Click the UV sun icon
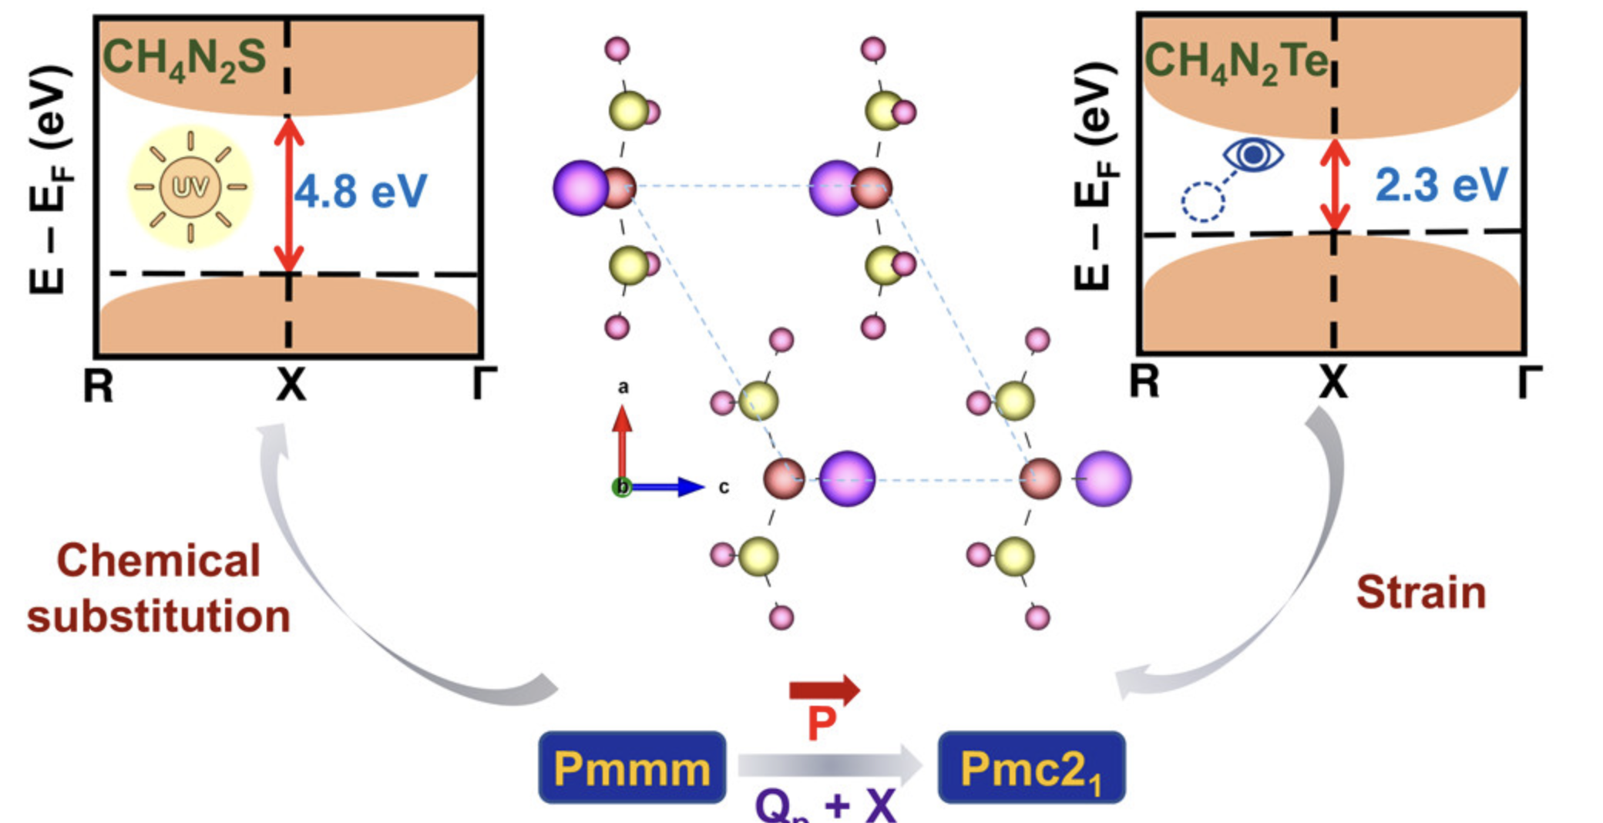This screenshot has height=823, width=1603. pos(190,186)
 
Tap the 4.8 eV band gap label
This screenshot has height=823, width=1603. pos(361,191)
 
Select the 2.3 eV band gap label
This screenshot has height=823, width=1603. pos(1441,185)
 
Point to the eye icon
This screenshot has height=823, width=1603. pos(1253,154)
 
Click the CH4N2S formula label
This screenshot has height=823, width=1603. pos(184,59)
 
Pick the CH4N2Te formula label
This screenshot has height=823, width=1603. pos(1236,62)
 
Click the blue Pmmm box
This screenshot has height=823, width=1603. pos(632,768)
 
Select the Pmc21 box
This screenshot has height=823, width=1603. pos(1031,768)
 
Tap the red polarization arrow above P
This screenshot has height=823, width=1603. pos(824,690)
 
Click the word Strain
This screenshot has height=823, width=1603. pos(1421,592)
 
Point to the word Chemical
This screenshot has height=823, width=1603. pos(159,560)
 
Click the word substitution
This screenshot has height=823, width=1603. pos(159,616)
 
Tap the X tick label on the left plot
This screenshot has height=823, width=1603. pos(291,384)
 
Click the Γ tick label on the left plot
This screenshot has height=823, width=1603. pos(483,384)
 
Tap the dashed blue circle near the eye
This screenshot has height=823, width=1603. pos(1203,202)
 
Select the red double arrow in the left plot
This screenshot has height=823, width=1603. pos(289,196)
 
